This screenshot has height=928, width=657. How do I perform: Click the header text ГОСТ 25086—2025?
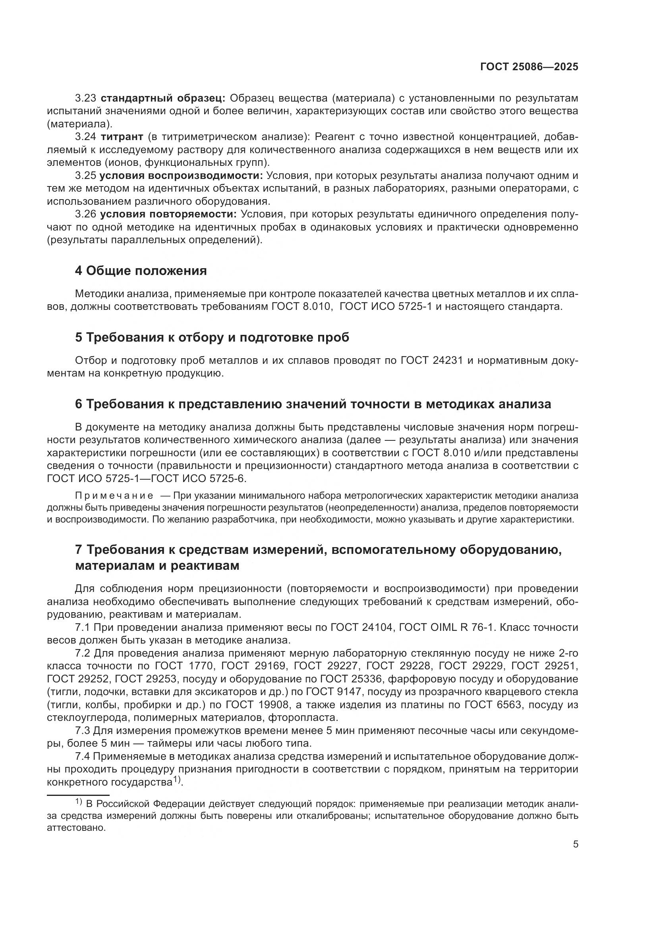click(x=529, y=67)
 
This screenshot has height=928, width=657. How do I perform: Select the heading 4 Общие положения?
click(x=141, y=271)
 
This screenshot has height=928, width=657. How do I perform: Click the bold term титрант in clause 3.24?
click(x=122, y=137)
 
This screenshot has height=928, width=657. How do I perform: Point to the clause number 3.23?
click(x=86, y=98)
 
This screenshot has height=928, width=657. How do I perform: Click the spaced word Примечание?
click(x=114, y=496)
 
